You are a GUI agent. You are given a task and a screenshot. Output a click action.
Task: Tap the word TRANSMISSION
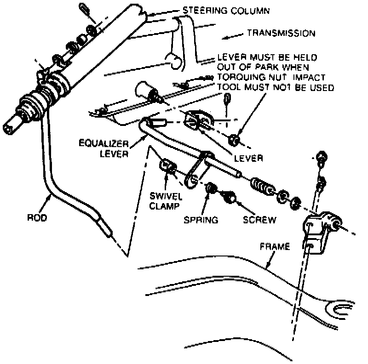coord(281,33)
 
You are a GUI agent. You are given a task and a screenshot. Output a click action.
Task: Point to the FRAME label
coord(275,247)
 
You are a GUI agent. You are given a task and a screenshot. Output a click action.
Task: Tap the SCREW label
coord(260,220)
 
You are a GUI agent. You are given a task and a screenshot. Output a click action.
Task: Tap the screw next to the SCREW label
coord(229,198)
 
